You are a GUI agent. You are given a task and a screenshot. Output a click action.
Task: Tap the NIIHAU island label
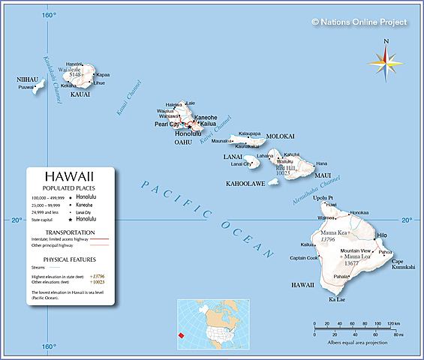(28, 79)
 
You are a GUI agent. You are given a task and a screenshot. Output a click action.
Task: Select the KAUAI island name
(80, 94)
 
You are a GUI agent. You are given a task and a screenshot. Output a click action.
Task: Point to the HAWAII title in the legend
(69, 175)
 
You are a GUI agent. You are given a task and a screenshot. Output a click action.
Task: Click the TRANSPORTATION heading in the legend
(69, 232)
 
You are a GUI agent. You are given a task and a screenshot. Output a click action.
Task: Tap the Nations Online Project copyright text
(359, 22)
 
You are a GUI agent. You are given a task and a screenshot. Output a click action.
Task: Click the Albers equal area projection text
(358, 342)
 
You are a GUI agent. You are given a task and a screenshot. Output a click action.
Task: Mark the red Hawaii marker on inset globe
(181, 334)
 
